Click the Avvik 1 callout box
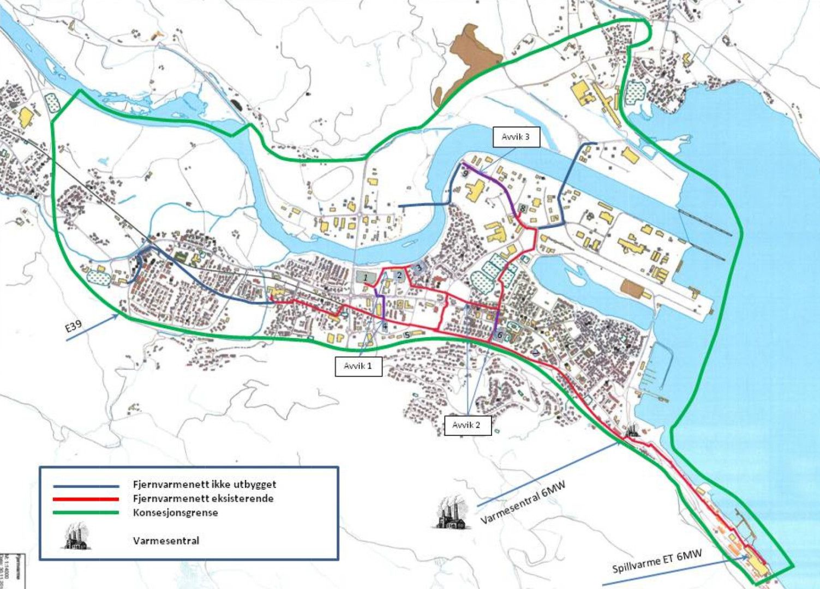pyautogui.click(x=358, y=366)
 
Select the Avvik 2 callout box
pyautogui.click(x=467, y=425)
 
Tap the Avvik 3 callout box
pyautogui.click(x=516, y=137)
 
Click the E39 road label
pyautogui.click(x=73, y=328)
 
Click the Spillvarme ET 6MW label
pyautogui.click(x=657, y=561)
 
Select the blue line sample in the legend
pyautogui.click(x=86, y=485)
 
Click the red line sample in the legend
pyautogui.click(x=86, y=499)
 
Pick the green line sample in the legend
pyautogui.click(x=86, y=513)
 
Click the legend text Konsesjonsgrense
pyautogui.click(x=175, y=513)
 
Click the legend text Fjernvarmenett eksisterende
pyautogui.click(x=203, y=498)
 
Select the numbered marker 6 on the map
pyautogui.click(x=499, y=335)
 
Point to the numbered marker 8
pyautogui.click(x=523, y=208)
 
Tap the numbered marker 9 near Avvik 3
pyautogui.click(x=465, y=173)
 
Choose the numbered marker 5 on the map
pyautogui.click(x=407, y=334)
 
